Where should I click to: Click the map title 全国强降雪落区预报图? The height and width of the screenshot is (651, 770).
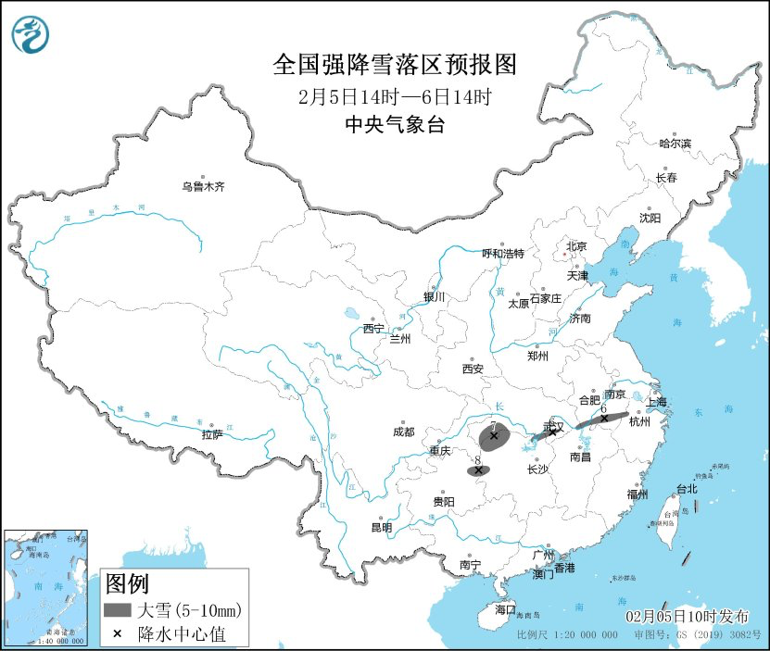394,65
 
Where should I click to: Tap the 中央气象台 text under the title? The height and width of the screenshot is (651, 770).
394,125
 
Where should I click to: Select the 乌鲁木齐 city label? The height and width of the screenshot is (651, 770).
203,186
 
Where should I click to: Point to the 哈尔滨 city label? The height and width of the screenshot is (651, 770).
675,144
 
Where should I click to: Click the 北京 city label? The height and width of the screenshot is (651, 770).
576,246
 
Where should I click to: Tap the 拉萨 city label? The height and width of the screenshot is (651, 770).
211,434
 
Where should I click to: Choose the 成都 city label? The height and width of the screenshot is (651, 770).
403,432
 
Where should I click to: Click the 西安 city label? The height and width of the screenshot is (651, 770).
473,369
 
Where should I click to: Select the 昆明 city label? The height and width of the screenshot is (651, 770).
381,528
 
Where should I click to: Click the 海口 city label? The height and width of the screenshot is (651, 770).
504,610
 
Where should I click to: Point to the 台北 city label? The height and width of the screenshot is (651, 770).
686,489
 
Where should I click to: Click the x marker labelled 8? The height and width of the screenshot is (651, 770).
478,470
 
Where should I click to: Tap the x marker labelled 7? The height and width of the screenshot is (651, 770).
494,435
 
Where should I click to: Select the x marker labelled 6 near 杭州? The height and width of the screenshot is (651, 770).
604,418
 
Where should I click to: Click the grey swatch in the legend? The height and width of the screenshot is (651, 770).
117,610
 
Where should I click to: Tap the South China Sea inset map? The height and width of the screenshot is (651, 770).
46,588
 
